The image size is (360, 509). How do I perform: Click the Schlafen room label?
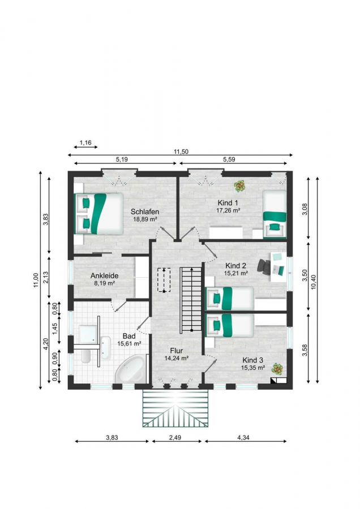145,212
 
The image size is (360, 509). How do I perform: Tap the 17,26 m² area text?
228,210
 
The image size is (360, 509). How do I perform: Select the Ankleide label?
104,275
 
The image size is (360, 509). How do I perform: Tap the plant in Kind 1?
240,186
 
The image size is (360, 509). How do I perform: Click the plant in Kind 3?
277,369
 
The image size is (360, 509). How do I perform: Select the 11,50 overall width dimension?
181,152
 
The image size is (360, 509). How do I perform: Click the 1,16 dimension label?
85,143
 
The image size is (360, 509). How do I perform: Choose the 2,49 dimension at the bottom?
175,438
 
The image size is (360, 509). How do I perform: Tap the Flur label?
177,351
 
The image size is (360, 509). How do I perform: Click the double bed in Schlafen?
98,214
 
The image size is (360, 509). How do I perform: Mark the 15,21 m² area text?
236,273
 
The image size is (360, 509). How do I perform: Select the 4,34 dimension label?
243,438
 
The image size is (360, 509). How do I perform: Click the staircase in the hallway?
192,300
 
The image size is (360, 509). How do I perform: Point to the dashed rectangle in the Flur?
164,280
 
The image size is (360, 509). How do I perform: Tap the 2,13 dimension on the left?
45,277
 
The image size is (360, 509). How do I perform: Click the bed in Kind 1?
275,214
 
